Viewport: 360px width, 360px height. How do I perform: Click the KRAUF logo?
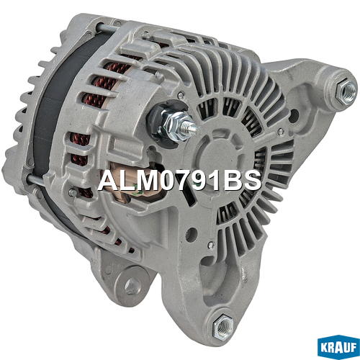(x=338, y=347)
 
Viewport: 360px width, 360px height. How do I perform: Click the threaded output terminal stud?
(x=189, y=127)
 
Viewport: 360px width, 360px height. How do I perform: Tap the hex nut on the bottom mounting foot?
(x=222, y=327)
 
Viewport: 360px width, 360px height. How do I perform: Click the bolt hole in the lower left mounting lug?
(x=131, y=287)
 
